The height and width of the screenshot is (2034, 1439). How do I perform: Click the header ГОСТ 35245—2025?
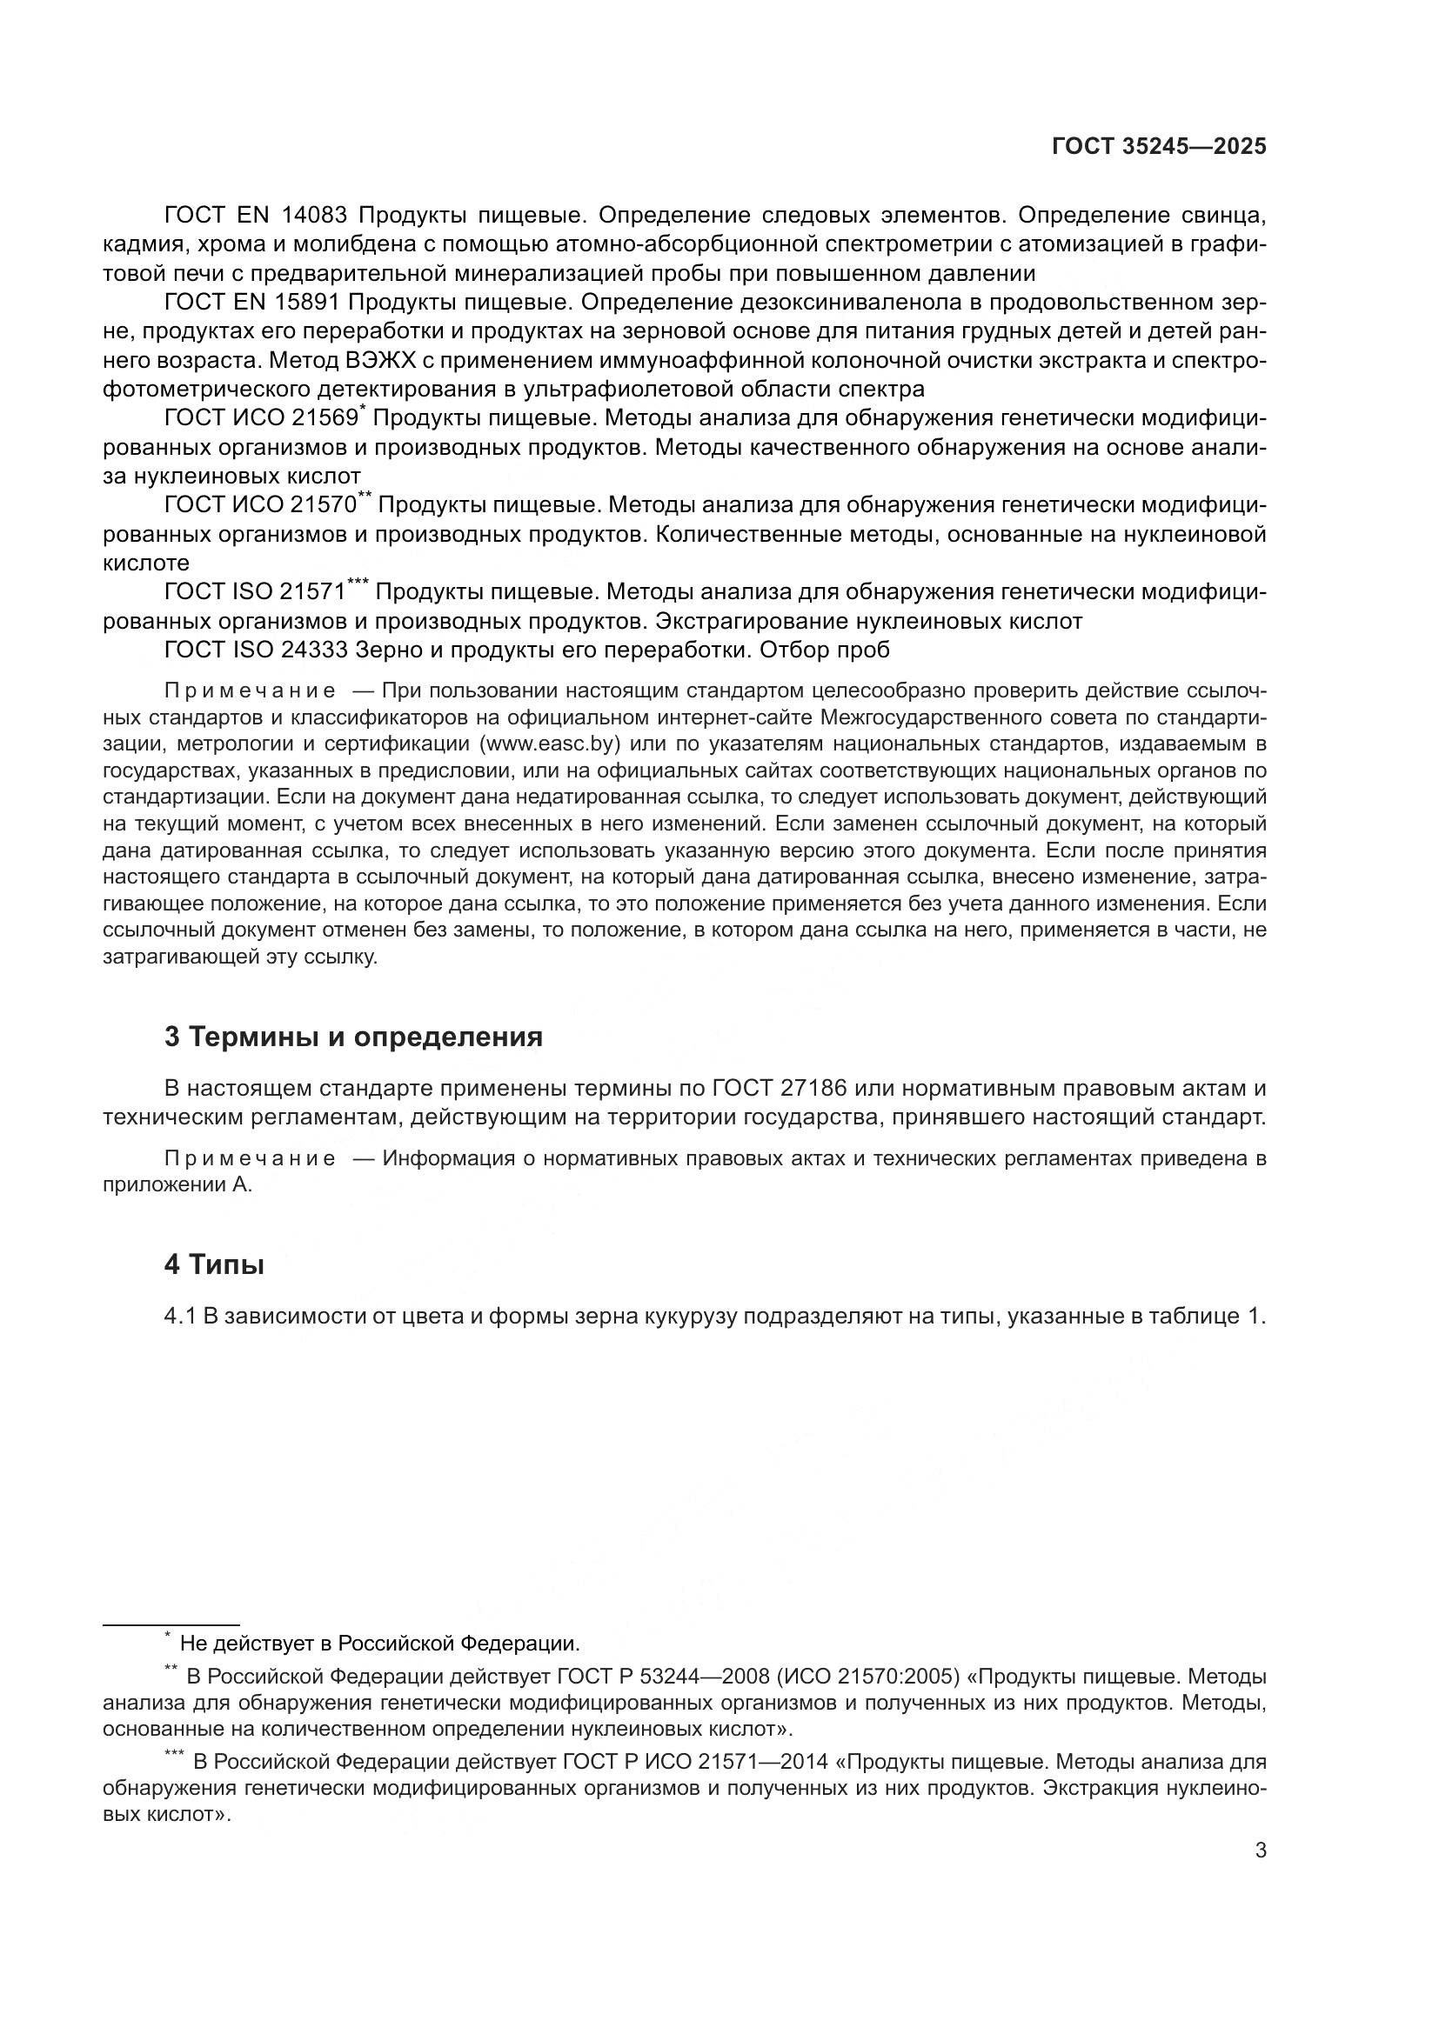pyautogui.click(x=1158, y=146)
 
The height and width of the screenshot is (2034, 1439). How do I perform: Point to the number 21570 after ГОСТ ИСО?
pyautogui.click(x=323, y=506)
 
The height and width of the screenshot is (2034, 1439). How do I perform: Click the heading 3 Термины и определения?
pyautogui.click(x=352, y=1037)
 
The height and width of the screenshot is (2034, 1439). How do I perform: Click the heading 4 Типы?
pyautogui.click(x=213, y=1265)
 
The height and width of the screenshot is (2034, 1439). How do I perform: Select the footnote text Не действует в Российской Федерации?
pyautogui.click(x=379, y=1644)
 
